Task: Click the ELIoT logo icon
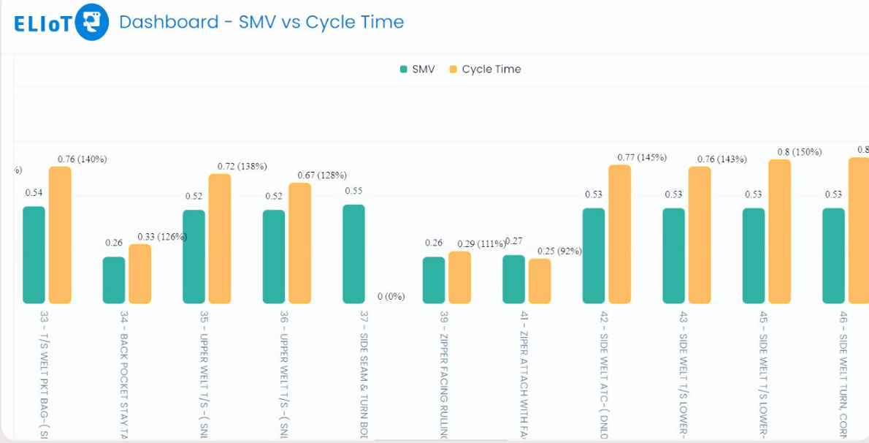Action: click(x=92, y=22)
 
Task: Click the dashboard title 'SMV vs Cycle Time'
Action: click(x=261, y=22)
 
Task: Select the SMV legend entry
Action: click(x=417, y=69)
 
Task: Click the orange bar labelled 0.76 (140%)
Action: click(x=60, y=235)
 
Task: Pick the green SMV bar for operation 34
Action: click(x=114, y=280)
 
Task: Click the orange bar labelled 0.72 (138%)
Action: click(x=220, y=238)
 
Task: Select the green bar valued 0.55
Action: click(x=353, y=254)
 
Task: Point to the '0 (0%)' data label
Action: click(x=391, y=297)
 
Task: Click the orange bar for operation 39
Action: click(x=459, y=277)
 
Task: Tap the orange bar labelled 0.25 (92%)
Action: click(x=540, y=281)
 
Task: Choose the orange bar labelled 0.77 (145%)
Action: click(x=619, y=234)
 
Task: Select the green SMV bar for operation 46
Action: click(x=833, y=256)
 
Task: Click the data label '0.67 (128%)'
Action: click(x=321, y=175)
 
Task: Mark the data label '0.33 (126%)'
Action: click(x=162, y=236)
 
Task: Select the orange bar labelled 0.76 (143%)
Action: click(x=700, y=235)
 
